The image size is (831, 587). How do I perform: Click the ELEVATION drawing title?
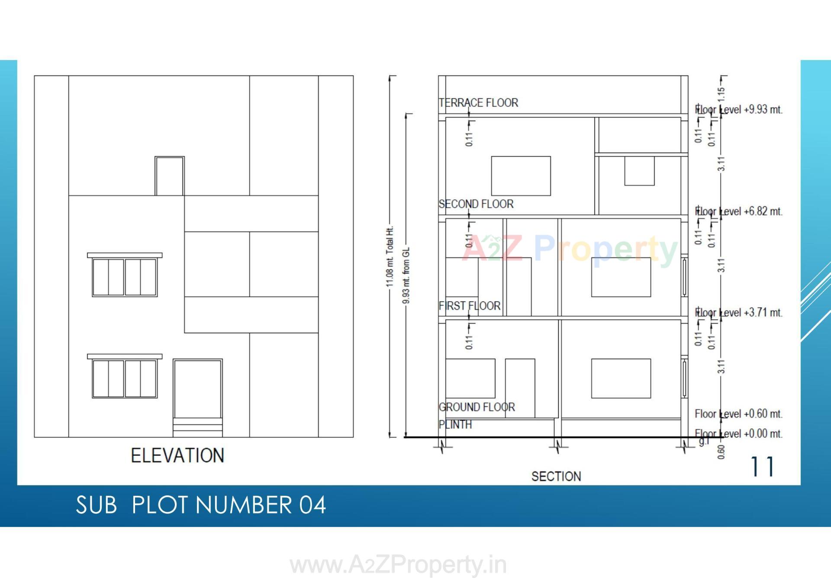177,455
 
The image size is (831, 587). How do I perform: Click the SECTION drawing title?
556,476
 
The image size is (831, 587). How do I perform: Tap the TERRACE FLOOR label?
478,103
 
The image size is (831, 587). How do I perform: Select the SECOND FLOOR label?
476,204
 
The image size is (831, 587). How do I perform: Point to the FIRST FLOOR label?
470,306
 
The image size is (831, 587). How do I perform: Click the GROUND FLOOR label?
477,407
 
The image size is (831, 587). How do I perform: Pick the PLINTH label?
455,424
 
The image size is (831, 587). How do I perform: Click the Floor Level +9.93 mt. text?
739,109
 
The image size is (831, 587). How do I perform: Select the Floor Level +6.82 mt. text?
739,212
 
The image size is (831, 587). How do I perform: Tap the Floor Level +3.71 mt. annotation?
739,312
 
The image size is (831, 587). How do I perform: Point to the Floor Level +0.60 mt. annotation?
739,414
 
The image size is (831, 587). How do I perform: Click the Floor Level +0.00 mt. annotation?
739,433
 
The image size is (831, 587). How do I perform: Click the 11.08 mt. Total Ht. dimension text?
390,257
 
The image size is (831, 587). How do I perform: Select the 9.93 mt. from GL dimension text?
406,275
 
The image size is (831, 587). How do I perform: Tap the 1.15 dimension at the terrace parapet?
721,93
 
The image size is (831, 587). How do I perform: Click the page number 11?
762,467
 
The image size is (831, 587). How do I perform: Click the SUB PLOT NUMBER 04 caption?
201,505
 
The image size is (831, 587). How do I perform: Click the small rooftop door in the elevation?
170,176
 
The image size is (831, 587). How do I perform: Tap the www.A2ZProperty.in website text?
398,565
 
